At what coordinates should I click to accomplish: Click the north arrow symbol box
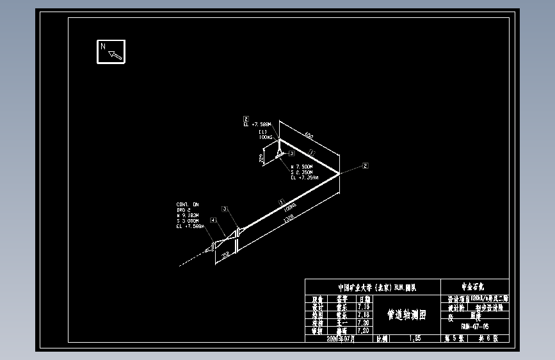[x=111, y=51]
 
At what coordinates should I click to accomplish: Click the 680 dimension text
[x=309, y=135]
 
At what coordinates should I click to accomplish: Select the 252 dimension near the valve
[x=225, y=254]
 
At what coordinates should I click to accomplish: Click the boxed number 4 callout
[x=214, y=220]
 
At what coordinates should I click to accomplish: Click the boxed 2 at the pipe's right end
[x=366, y=166]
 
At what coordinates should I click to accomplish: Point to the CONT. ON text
[x=188, y=205]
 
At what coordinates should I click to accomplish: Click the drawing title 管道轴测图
[x=406, y=315]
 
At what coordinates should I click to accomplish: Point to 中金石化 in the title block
[x=475, y=287]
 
